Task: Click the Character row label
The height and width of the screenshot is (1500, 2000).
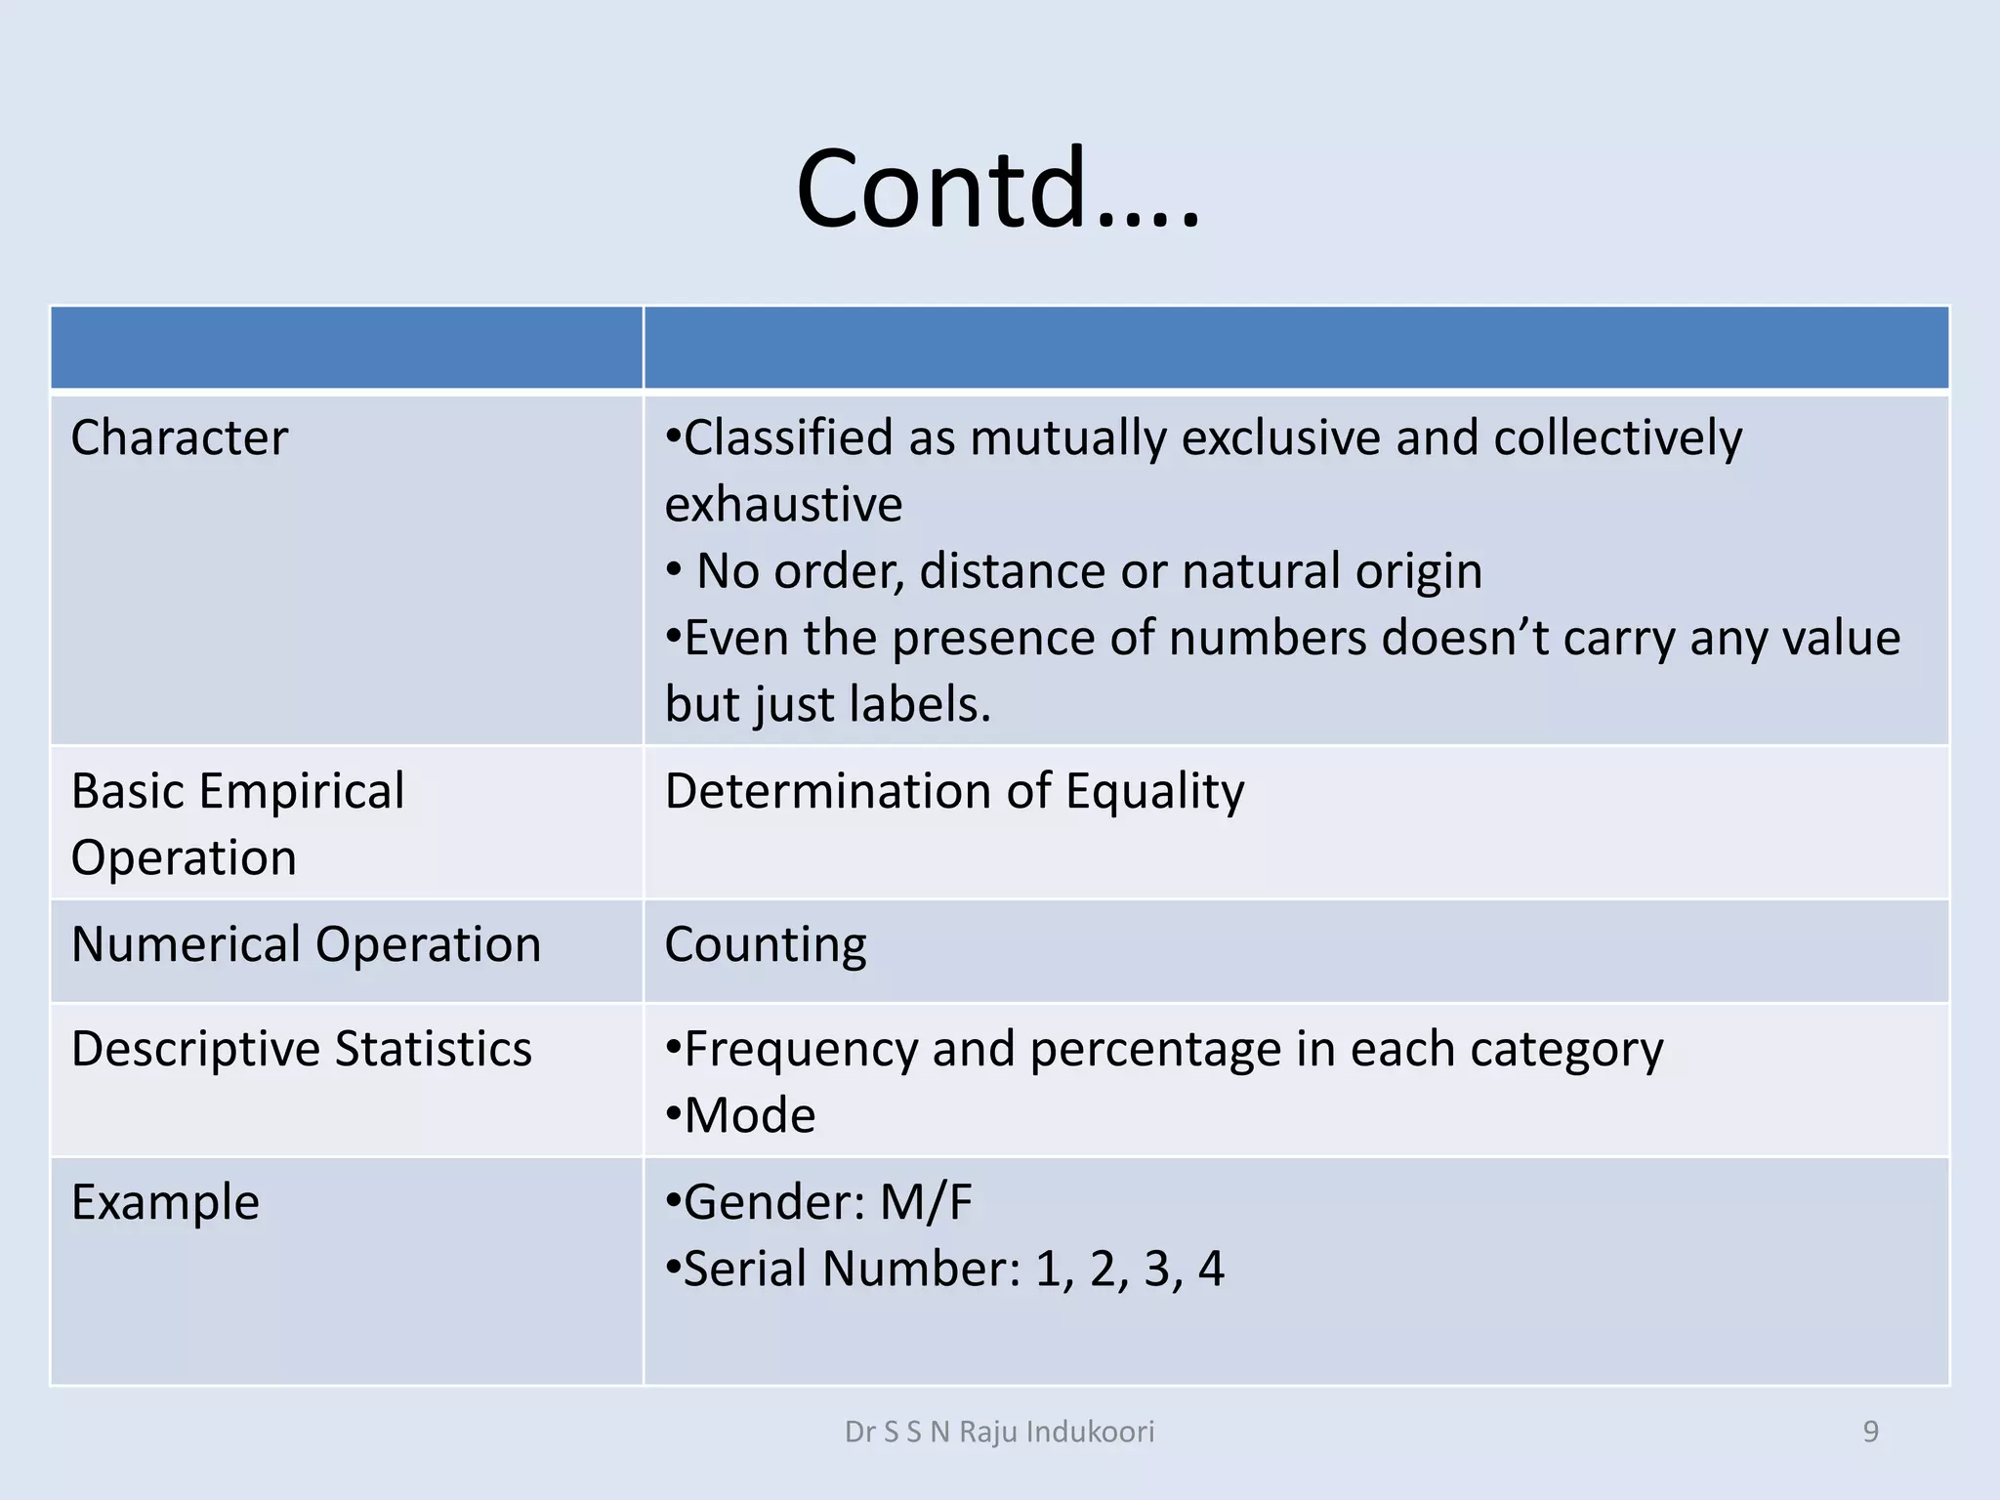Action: point(180,437)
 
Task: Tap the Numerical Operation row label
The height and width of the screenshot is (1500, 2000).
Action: point(306,944)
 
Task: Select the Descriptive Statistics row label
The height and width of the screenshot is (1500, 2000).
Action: point(302,1049)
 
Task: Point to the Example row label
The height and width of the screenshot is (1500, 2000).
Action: point(165,1202)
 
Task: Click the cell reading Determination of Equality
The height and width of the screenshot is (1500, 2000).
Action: point(954,791)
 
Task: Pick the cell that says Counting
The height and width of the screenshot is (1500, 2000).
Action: point(766,944)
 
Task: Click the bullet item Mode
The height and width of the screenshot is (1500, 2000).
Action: point(749,1115)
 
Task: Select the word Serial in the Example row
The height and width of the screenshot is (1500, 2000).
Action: point(745,1269)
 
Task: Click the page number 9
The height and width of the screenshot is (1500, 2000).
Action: point(1871,1432)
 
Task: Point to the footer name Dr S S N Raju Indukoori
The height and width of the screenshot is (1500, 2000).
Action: point(999,1432)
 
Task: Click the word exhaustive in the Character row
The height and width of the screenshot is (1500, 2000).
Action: point(783,505)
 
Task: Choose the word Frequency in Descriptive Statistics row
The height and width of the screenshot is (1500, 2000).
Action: point(801,1050)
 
